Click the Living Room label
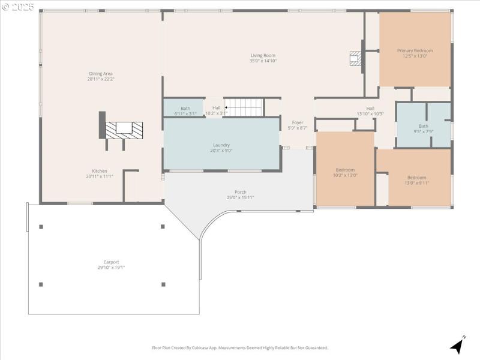click(x=263, y=55)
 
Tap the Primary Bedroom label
click(x=415, y=50)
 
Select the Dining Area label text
click(x=100, y=73)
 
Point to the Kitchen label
click(x=100, y=170)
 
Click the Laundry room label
click(x=221, y=145)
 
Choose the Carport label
click(x=111, y=262)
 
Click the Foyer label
click(x=298, y=122)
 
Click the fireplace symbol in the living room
click(x=356, y=58)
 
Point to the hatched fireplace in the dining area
click(x=124, y=128)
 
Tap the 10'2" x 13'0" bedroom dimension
click(x=345, y=175)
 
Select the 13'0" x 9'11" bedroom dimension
click(x=416, y=183)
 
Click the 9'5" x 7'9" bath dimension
click(x=424, y=131)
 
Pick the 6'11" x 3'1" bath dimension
click(x=185, y=113)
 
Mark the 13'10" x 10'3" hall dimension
click(x=370, y=113)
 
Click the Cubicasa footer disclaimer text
click(x=240, y=347)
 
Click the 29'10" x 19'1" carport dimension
click(x=111, y=268)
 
